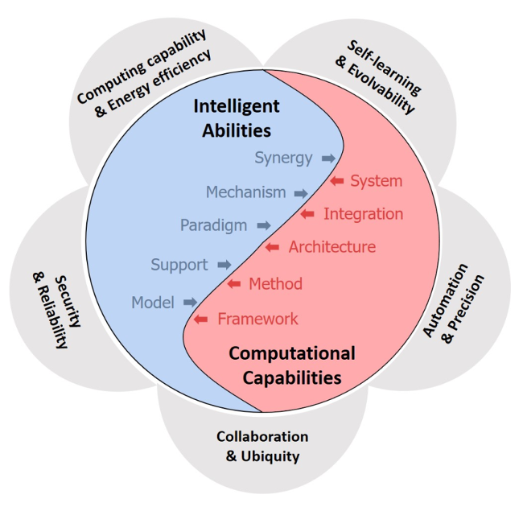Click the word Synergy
[283, 158]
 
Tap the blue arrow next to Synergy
[328, 159]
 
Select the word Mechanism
[245, 192]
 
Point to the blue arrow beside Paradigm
[263, 226]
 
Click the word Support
[179, 265]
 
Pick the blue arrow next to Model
[191, 303]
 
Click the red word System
[376, 181]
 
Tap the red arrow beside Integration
[307, 214]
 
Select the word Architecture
[332, 247]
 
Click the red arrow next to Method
[234, 283]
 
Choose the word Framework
[257, 319]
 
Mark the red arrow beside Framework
[202, 319]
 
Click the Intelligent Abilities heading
[237, 117]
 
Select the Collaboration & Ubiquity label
[262, 446]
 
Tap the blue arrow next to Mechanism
[300, 193]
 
